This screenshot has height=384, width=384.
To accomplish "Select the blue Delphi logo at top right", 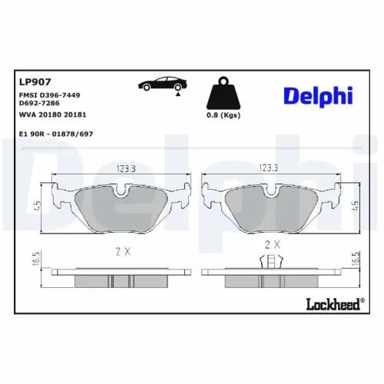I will coord(317,94).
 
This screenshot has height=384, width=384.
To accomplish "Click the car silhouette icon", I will coord(160,85).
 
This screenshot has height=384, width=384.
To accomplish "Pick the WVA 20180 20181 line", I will coord(51,113).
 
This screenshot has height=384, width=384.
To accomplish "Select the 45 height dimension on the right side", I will coord(354,204).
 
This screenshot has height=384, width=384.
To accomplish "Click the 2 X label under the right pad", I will coord(271,244).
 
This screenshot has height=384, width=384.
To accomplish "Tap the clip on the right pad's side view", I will coord(270,262).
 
